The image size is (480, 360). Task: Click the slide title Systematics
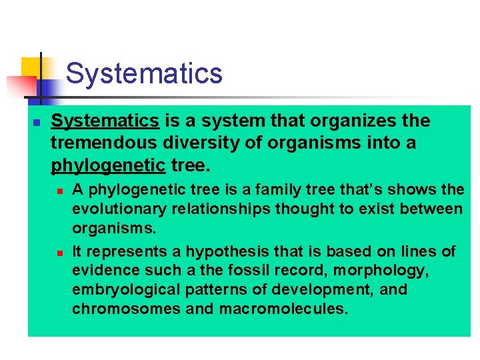[144, 73]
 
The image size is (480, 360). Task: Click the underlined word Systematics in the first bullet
[105, 121]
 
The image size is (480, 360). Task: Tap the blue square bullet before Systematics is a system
[37, 123]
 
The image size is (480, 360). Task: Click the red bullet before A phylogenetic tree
[59, 191]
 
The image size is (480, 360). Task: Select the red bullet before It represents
[59, 253]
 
